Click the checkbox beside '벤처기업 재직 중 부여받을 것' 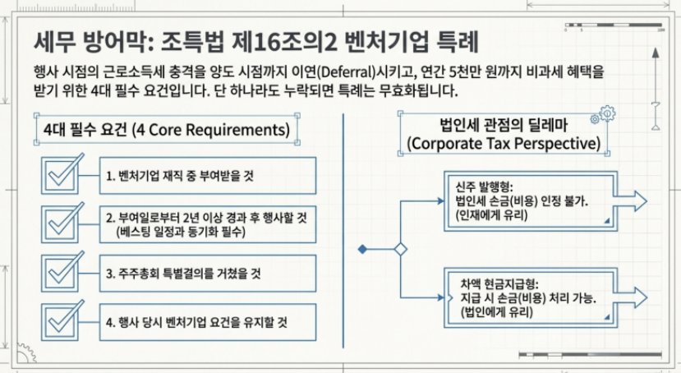62,175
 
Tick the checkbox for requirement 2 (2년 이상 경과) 62,223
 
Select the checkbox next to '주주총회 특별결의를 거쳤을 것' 62,272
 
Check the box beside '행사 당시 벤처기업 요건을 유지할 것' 62,320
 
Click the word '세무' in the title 55,39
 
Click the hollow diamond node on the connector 401,248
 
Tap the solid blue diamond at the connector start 362,248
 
